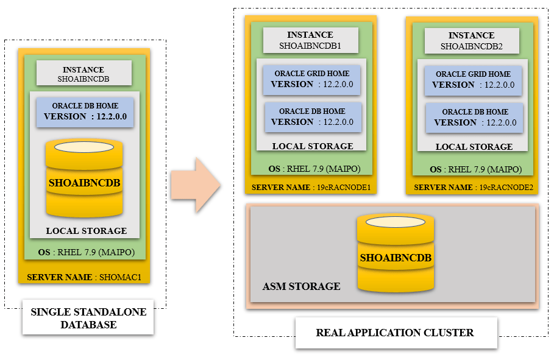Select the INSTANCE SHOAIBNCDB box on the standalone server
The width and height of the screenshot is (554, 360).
point(84,74)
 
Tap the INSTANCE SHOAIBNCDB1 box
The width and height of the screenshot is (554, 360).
point(310,40)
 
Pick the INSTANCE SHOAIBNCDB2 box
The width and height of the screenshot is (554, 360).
point(471,41)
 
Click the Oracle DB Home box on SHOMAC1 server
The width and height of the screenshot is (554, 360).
point(85,111)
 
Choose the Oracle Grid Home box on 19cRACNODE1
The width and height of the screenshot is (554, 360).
point(312,79)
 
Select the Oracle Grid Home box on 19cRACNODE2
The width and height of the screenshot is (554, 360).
point(474,80)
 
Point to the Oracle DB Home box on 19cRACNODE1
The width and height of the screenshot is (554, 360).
point(312,117)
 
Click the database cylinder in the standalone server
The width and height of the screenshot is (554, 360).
point(85,178)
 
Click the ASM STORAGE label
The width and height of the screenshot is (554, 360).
point(301,286)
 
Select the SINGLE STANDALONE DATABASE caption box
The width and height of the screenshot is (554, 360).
point(88,318)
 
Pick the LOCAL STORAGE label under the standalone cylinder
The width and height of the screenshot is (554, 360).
point(87,231)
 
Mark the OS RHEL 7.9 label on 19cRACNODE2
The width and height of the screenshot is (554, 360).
point(474,169)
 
